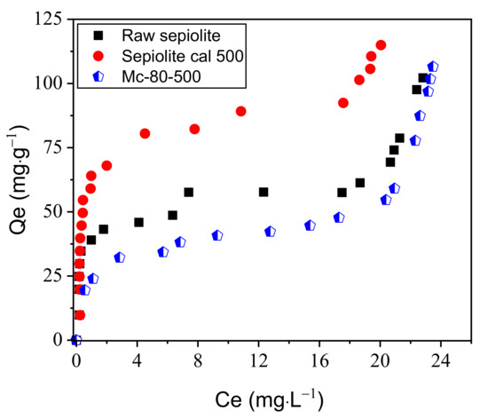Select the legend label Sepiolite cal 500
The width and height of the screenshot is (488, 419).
click(176, 56)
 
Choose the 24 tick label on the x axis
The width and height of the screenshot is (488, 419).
click(440, 362)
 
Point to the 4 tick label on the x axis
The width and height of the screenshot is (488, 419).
click(137, 362)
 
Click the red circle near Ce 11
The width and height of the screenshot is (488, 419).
click(240, 111)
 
